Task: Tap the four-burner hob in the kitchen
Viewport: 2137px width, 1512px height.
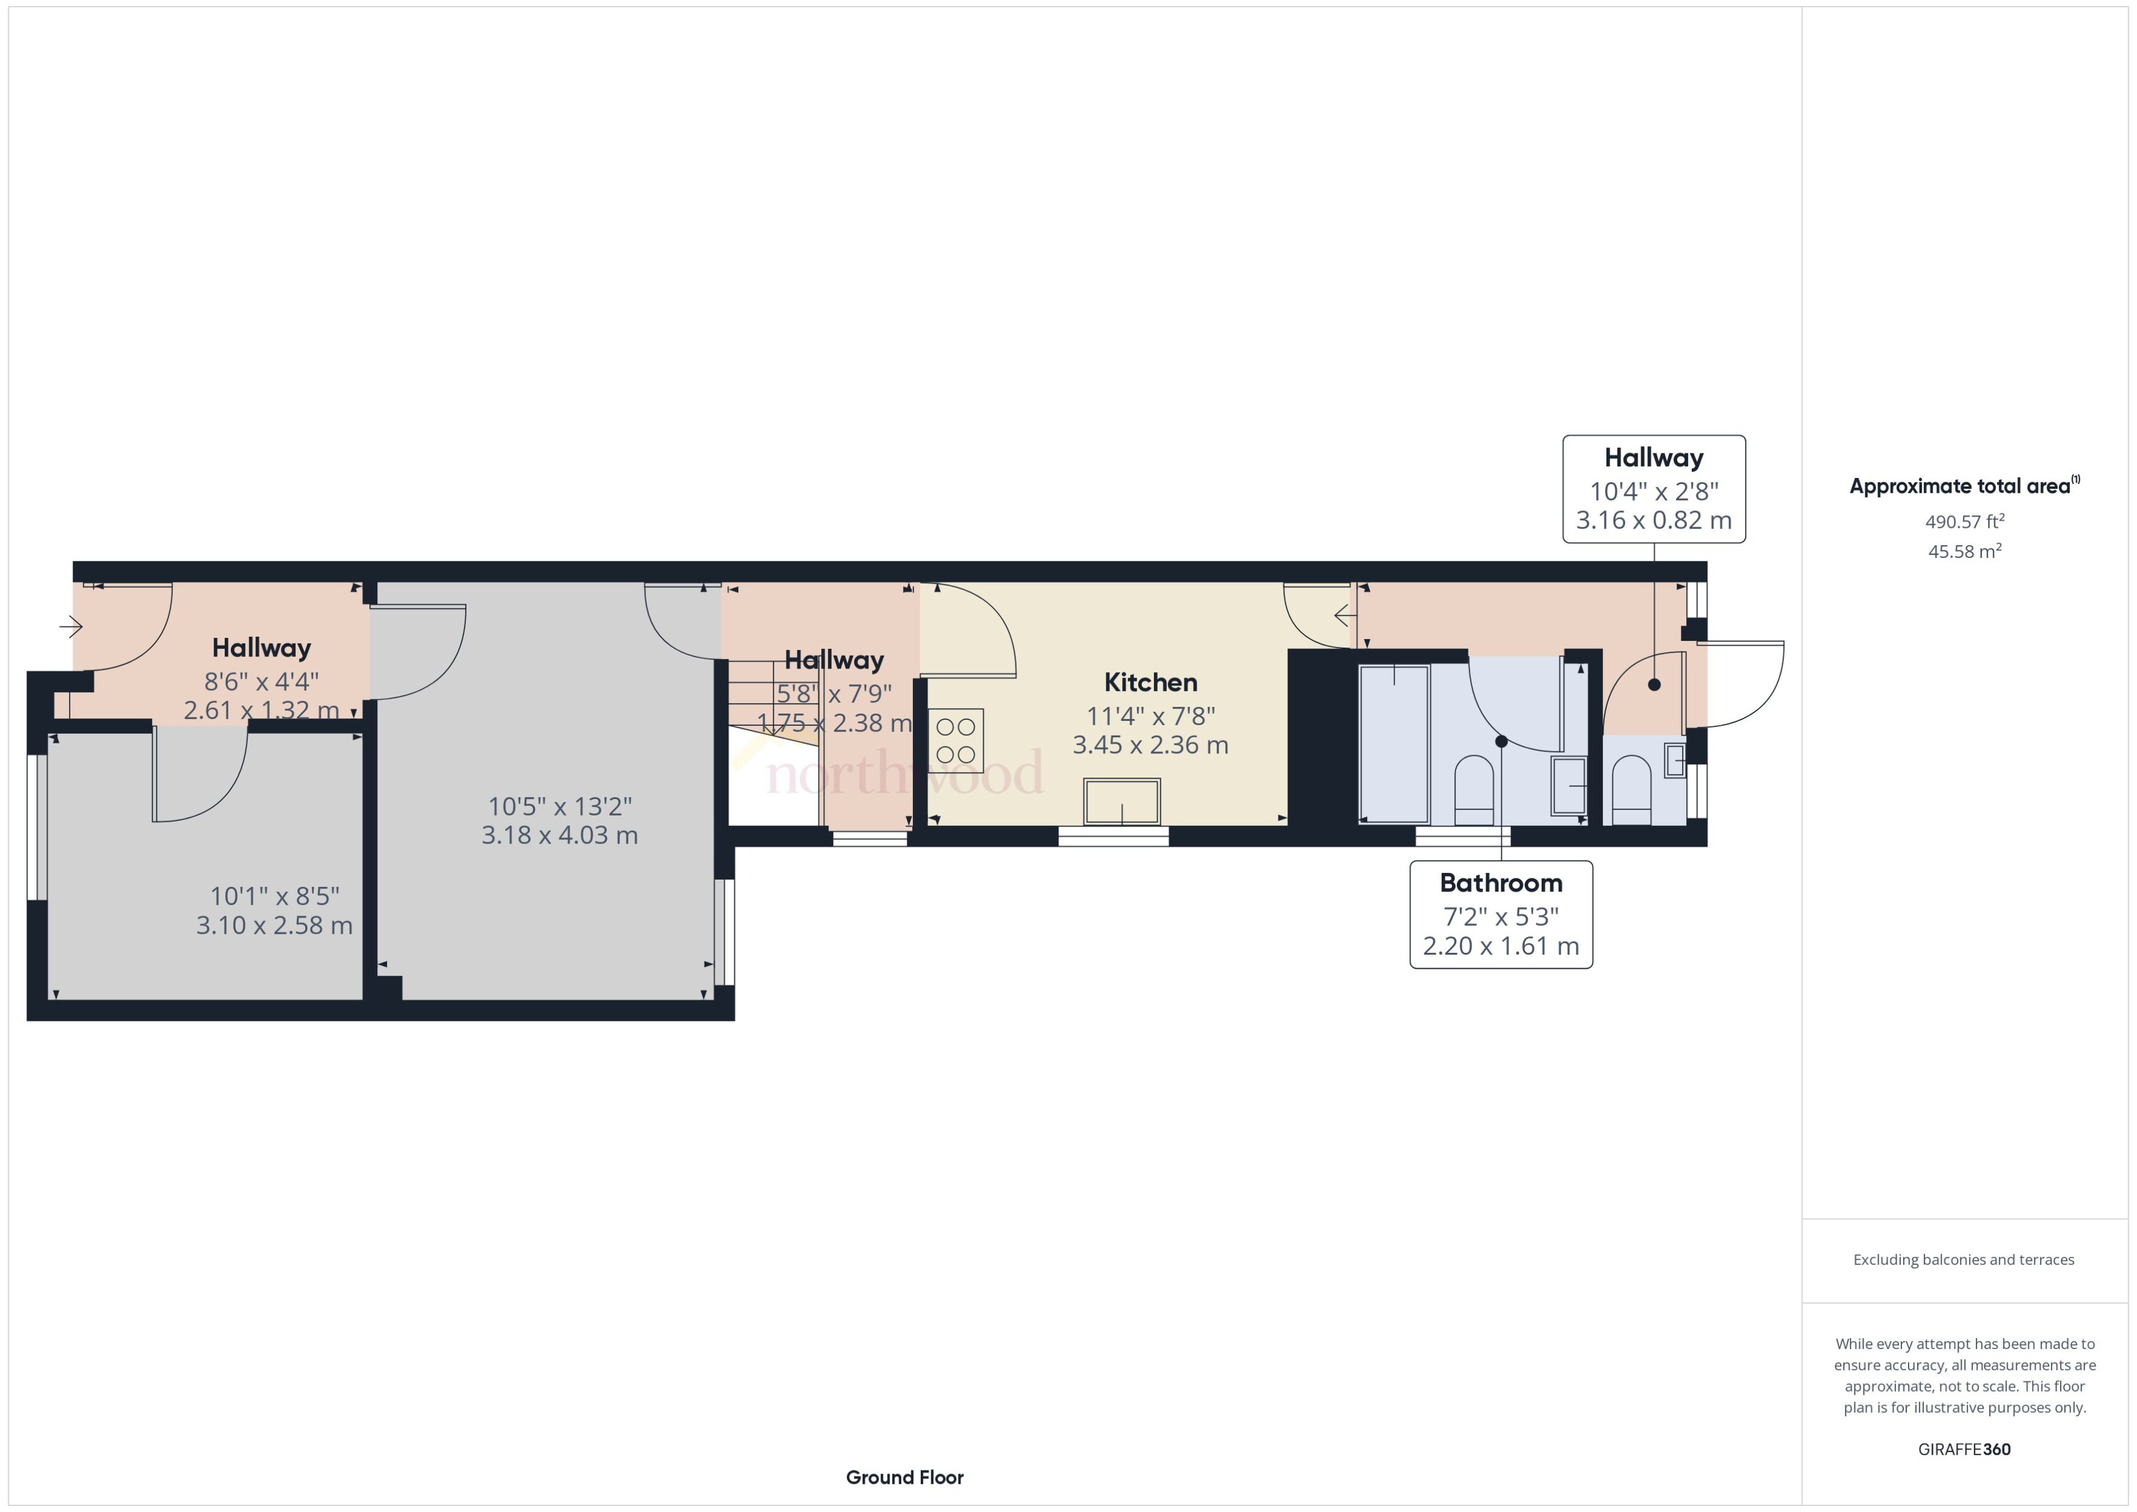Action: [956, 740]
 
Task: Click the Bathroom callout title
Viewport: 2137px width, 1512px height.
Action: [1500, 883]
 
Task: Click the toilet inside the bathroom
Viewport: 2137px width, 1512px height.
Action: [1473, 789]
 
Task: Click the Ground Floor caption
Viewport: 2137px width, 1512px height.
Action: [904, 1477]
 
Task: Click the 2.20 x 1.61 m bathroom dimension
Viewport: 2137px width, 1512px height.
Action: [1500, 946]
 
